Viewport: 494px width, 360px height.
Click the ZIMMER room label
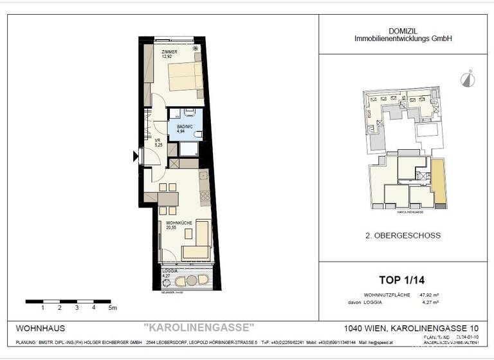point(169,51)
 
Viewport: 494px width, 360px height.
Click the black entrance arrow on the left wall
point(135,156)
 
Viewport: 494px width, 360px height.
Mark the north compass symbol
point(466,79)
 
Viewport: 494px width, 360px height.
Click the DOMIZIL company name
point(403,30)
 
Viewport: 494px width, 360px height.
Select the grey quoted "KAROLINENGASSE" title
point(199,327)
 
